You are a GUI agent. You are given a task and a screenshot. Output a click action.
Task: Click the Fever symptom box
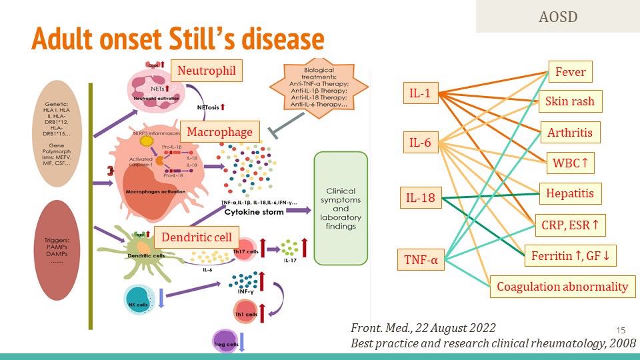tap(571, 72)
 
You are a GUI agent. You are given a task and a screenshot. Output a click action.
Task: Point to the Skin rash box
tap(570, 101)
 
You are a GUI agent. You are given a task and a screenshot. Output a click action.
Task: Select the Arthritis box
tap(570, 132)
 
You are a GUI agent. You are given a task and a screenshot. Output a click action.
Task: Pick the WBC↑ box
tap(570, 162)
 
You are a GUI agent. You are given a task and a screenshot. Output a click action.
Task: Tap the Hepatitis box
tap(570, 193)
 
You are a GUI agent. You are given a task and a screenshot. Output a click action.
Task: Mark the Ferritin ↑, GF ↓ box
tap(574, 255)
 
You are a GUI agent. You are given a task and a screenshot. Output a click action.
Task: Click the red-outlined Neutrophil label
tap(206, 70)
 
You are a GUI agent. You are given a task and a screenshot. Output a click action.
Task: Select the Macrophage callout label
tap(219, 132)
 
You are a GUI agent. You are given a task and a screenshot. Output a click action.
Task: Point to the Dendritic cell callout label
tap(196, 237)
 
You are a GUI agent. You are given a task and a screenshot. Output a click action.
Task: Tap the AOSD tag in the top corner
tap(557, 16)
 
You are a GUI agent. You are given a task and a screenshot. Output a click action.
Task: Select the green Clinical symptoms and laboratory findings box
tap(341, 208)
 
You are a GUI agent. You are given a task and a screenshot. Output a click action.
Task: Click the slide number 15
tap(621, 331)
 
